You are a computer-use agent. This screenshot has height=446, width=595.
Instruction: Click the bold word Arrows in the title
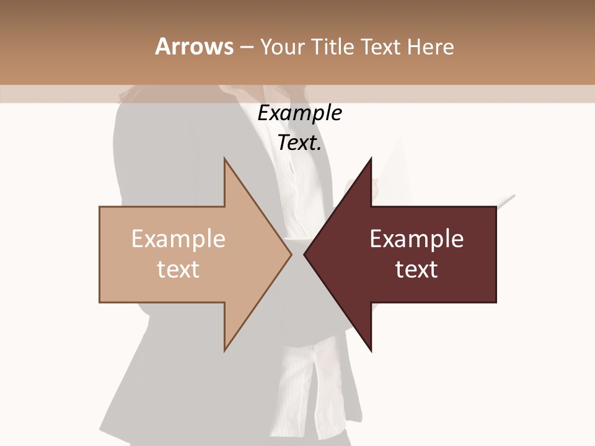coord(194,46)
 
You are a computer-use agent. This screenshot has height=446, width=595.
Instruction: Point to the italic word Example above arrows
coord(299,113)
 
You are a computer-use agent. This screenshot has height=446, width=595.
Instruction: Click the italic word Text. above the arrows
coord(299,143)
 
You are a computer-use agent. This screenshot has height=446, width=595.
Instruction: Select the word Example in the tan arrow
coord(178,239)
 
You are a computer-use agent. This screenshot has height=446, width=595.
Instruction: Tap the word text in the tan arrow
coord(178,269)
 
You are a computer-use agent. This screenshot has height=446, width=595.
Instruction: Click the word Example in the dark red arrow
coord(416,239)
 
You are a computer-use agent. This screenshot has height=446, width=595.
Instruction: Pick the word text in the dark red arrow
coord(416,269)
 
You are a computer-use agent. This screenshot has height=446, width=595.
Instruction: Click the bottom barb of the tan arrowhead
coord(225,348)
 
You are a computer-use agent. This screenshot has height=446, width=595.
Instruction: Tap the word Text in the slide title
coord(382,46)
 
